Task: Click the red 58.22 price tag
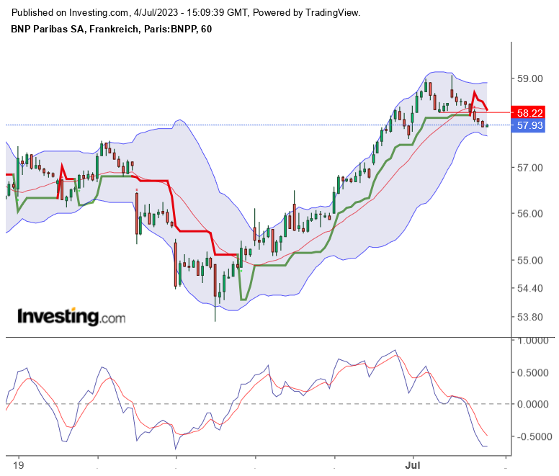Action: pyautogui.click(x=529, y=112)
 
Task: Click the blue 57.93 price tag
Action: pyautogui.click(x=529, y=125)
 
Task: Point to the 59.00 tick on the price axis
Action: pyautogui.click(x=529, y=78)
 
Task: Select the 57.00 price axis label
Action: pyautogui.click(x=529, y=167)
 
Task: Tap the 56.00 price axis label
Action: pyautogui.click(x=529, y=213)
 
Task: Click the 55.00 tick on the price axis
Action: pyautogui.click(x=529, y=260)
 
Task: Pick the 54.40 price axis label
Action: pyautogui.click(x=529, y=288)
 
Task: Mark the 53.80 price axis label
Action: pyautogui.click(x=529, y=317)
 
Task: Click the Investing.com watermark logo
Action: pyautogui.click(x=71, y=316)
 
